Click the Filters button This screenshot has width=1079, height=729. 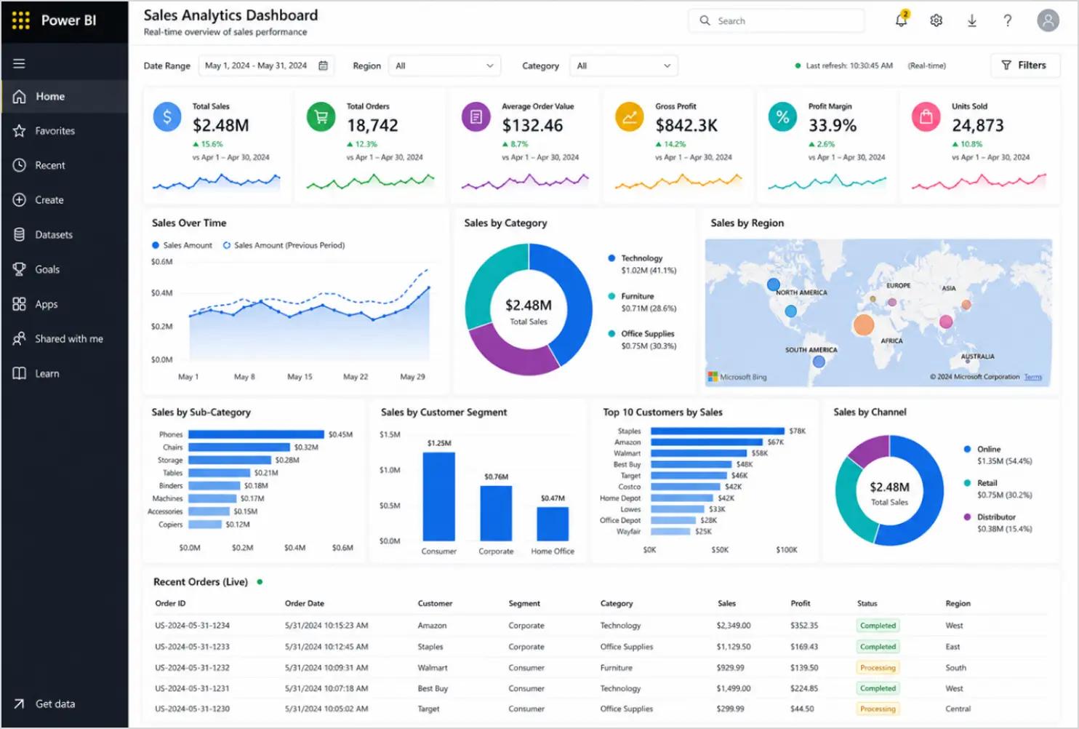coord(1025,65)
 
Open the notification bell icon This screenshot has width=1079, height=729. coord(902,20)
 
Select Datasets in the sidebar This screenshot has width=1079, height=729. coord(54,235)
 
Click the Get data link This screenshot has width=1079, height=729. coord(55,704)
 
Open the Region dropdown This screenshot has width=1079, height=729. coord(444,65)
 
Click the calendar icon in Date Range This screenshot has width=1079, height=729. coord(324,65)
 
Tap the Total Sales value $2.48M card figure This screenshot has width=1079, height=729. coord(220,125)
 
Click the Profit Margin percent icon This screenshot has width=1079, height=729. coord(782,116)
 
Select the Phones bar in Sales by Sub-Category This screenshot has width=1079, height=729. coord(256,434)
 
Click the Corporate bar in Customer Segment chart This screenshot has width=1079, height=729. coord(496,513)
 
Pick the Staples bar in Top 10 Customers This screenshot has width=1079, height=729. coord(717,431)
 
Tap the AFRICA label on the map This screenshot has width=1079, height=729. coord(891,341)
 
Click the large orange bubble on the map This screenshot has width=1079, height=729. coord(864,324)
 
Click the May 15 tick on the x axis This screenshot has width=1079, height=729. coord(300,377)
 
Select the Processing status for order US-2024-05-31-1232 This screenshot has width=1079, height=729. coord(878,668)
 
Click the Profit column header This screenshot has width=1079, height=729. coord(800,603)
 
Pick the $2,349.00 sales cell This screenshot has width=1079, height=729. coord(733,626)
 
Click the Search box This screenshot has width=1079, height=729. coord(777,20)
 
